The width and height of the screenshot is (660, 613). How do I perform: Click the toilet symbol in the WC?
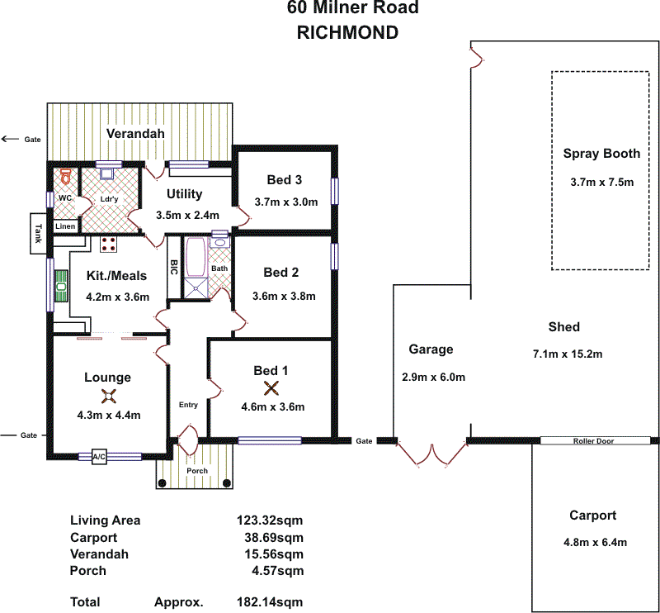[67, 176]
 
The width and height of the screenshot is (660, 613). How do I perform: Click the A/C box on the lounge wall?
[100, 456]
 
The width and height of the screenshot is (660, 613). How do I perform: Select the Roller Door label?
[593, 441]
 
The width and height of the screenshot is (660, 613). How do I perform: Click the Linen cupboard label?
[65, 226]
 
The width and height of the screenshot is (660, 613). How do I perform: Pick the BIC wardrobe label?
[174, 268]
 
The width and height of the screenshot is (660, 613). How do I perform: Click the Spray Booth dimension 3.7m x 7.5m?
[601, 183]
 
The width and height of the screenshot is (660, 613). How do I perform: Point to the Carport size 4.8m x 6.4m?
[592, 543]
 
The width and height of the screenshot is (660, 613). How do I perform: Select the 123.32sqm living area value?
[270, 520]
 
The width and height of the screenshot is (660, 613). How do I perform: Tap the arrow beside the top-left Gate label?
[10, 139]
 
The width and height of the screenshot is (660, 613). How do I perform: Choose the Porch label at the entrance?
[196, 471]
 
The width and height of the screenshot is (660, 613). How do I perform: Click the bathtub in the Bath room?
[196, 257]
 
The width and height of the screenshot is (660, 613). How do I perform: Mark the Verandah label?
[136, 133]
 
